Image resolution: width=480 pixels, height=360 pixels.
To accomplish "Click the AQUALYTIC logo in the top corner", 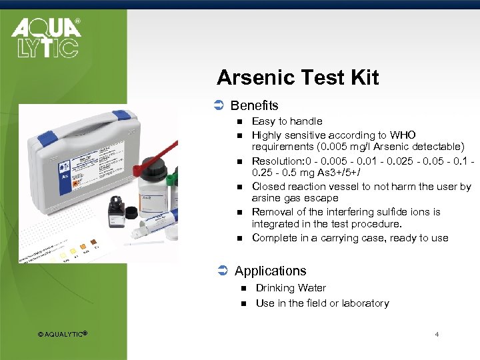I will click(x=45, y=38).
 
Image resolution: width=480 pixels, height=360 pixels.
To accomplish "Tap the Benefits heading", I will click(x=254, y=105).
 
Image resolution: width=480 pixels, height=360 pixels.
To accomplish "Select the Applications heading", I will click(x=270, y=271).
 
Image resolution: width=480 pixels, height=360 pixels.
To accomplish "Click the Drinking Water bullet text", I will click(x=291, y=288).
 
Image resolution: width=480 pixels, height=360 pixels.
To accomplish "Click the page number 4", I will click(x=437, y=334).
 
